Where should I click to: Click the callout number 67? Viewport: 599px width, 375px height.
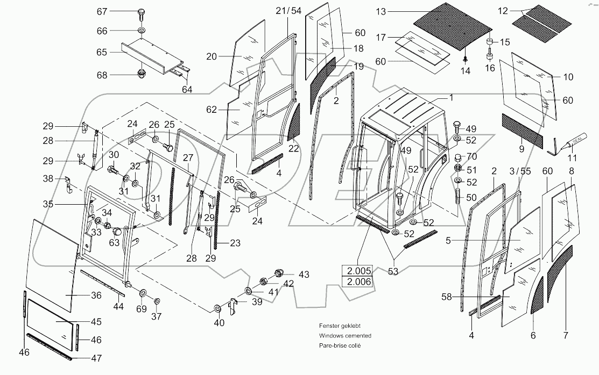click(x=102, y=12)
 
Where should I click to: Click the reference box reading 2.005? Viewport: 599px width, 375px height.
click(x=356, y=271)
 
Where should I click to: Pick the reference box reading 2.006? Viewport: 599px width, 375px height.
click(x=356, y=282)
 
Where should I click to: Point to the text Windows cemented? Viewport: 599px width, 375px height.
click(x=344, y=335)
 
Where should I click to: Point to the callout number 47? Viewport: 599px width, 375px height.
click(x=96, y=358)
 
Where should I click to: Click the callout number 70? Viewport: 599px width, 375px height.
click(x=472, y=157)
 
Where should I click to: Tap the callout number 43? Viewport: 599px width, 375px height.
click(x=304, y=275)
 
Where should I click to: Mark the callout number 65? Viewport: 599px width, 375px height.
click(x=102, y=53)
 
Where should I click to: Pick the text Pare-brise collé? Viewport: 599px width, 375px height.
click(x=340, y=345)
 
